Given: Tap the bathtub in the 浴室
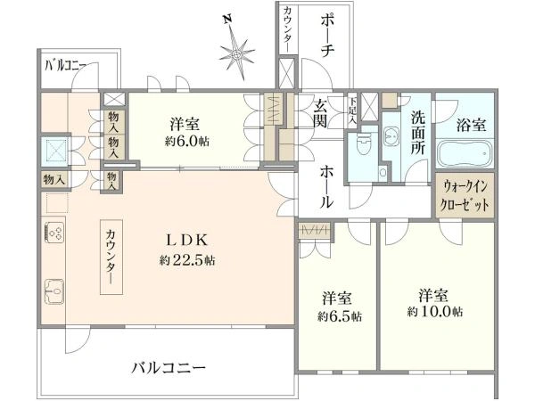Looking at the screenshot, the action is pos(465,153).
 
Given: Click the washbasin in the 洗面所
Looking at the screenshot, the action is pos(391,136).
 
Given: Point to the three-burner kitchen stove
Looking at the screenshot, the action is pos(54,233).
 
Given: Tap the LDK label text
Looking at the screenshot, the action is pos(186,241).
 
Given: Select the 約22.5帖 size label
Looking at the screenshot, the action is pos(187,261).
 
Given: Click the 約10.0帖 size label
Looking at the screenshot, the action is pos(435,311).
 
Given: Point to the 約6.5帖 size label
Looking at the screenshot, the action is pos(340,316).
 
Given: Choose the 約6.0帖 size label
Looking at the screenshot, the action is pos(187,141).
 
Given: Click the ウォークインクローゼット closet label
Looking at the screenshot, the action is pos(465,196).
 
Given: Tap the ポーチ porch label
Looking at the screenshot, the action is pos(327,36).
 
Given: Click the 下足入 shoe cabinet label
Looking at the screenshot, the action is pos(352,110).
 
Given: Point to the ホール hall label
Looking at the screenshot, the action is pos(326,187).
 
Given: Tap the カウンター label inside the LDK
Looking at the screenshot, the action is pos(111,257).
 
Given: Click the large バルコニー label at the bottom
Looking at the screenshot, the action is pos(169,368).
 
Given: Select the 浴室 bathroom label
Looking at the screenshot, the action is pos(471,125).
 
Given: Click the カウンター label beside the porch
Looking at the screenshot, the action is pos(287,29).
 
